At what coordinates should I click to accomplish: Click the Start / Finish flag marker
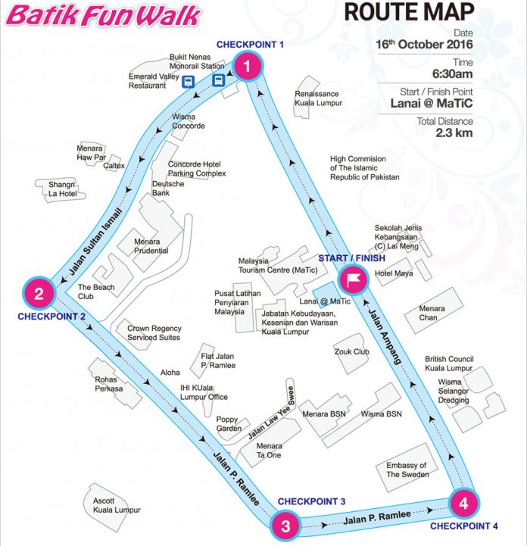click(352, 279)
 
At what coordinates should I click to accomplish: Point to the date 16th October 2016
click(425, 45)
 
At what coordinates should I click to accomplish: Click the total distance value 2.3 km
click(454, 133)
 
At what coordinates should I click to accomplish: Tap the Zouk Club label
click(351, 351)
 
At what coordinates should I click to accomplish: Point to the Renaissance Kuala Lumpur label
click(318, 98)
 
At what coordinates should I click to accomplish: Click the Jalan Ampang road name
click(387, 332)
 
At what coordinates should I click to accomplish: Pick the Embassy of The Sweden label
click(407, 470)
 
